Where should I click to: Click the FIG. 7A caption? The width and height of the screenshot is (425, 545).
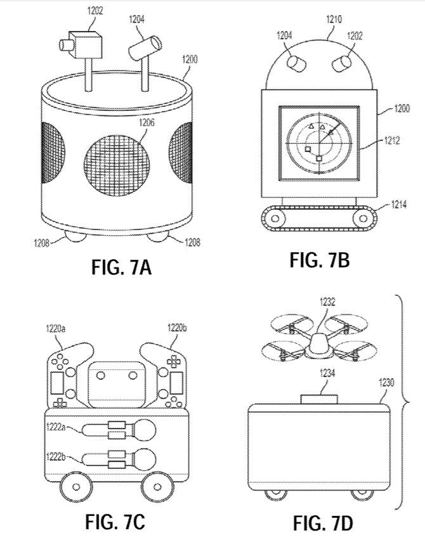pos(121,267)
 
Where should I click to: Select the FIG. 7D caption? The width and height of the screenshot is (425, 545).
pos(323,524)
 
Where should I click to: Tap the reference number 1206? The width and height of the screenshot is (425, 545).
pos(147,123)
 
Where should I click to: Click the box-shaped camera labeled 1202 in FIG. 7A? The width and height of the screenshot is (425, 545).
pos(81,44)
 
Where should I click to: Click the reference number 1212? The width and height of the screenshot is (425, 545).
pos(392,141)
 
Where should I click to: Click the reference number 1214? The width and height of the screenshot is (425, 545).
pos(398,205)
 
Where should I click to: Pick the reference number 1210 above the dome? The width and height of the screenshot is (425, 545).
pos(334,19)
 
